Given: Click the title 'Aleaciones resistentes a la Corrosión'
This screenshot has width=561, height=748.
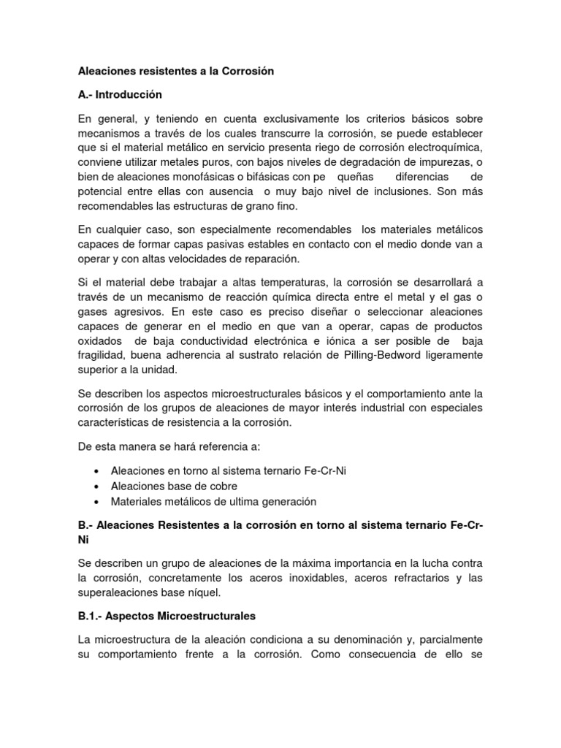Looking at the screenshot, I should pos(175,72).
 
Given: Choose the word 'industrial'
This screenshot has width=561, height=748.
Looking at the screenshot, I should pos(380,407).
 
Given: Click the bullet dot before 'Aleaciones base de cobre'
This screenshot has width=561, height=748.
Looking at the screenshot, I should pos(98,486).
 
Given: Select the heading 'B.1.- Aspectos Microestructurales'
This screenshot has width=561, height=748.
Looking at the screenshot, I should pos(167,616).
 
